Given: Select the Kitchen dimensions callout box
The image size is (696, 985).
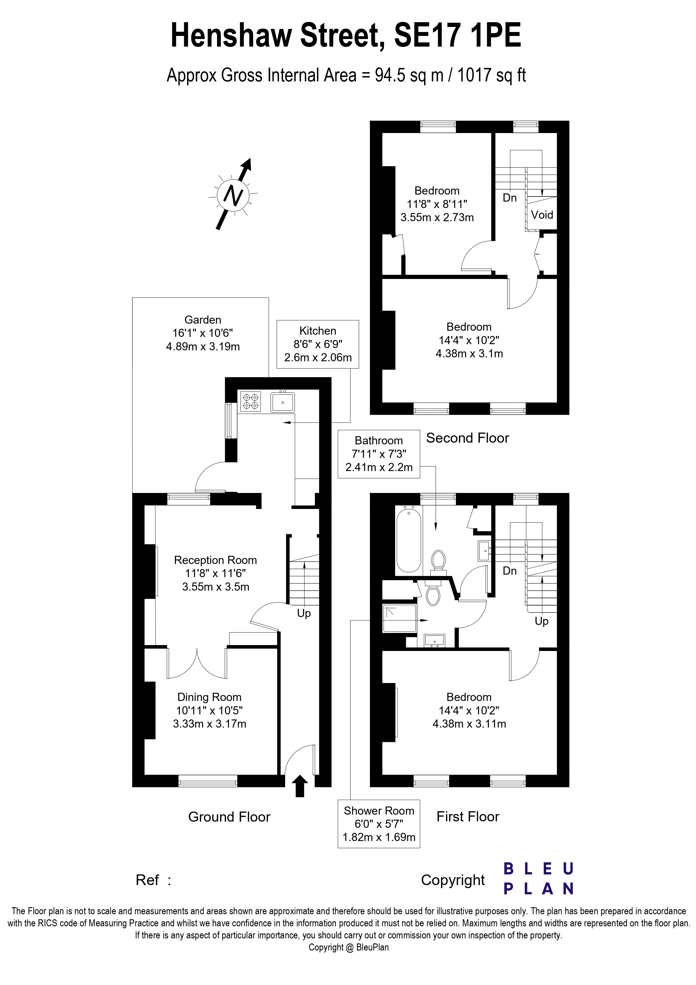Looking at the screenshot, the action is (x=318, y=344).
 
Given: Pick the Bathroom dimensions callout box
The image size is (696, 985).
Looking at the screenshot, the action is (x=379, y=454).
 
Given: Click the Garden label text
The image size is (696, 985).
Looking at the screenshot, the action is (x=203, y=320).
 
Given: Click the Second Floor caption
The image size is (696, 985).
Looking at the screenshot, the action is (x=468, y=438).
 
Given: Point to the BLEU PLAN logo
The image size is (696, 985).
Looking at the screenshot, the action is (x=539, y=879).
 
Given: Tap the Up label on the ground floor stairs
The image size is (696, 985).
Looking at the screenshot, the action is (x=304, y=613).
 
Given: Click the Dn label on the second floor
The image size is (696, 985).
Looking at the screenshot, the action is (x=509, y=198).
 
